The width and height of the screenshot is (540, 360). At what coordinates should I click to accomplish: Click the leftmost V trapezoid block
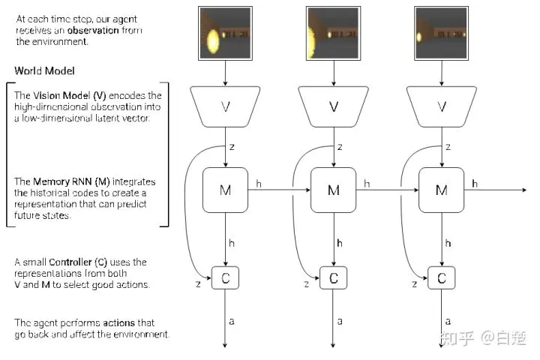226,106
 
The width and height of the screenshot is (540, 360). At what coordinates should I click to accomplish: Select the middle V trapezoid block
334,106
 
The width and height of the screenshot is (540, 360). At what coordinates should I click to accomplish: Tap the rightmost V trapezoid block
442,106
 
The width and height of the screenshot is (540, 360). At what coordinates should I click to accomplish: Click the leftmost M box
226,190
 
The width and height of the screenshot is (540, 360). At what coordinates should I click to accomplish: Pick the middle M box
334,190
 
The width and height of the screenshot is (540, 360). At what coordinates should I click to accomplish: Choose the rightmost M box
442,190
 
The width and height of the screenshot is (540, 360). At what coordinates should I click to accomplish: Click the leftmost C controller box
226,278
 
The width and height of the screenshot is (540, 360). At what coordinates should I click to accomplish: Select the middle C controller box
334,278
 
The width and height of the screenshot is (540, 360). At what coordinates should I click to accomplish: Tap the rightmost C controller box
442,278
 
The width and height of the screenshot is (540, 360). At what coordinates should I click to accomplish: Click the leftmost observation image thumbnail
226,32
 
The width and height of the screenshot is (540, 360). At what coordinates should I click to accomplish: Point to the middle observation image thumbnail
334,32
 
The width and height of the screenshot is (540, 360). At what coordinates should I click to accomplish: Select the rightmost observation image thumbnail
442,32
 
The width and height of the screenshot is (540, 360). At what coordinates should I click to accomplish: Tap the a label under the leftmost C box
232,322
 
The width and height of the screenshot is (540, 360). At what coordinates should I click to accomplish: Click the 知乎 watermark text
457,339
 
